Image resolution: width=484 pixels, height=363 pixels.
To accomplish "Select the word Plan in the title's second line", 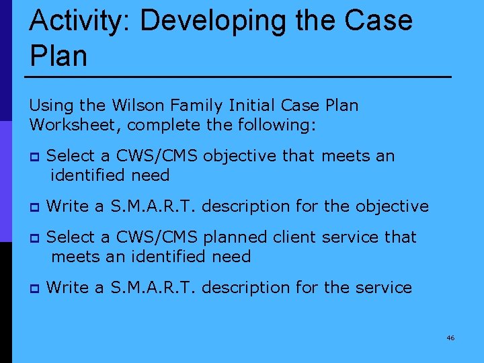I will (x=58, y=56).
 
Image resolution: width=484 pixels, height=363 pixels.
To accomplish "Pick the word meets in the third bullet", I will (x=73, y=257).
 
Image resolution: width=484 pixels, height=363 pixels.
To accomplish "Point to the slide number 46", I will (x=450, y=337).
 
